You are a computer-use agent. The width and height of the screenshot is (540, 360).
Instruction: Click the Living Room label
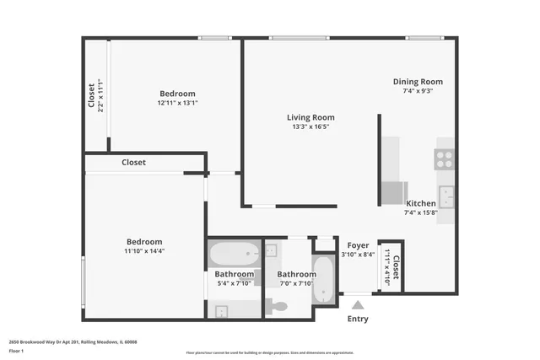point(310,117)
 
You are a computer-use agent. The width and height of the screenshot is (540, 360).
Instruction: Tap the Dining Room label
point(418,82)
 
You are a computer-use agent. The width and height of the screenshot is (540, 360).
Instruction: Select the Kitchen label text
point(421,203)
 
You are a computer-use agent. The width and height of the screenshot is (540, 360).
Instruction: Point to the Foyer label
point(358,245)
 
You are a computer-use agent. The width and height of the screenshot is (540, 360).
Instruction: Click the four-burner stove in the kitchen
point(445,159)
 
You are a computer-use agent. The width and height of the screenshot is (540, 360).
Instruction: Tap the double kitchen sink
point(446,197)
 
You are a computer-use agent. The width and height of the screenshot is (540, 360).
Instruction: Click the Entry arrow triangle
point(358,304)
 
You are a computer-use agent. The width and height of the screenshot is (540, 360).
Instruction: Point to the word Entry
point(358,319)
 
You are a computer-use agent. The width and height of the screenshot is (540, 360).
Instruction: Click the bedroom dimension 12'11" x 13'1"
point(177,103)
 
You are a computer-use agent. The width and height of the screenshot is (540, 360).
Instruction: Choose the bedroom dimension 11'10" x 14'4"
point(143,250)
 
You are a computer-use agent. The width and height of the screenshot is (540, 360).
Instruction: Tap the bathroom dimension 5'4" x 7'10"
point(234,283)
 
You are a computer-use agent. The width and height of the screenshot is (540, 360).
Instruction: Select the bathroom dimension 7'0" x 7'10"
point(296,283)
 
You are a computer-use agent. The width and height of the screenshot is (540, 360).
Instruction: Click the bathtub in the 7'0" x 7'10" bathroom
point(325,278)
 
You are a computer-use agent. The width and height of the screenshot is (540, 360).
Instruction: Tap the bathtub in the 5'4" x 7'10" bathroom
point(235,253)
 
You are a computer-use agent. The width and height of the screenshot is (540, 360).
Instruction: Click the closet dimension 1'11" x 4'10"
point(387,268)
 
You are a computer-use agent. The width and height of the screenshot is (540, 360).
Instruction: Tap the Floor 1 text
point(16,350)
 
